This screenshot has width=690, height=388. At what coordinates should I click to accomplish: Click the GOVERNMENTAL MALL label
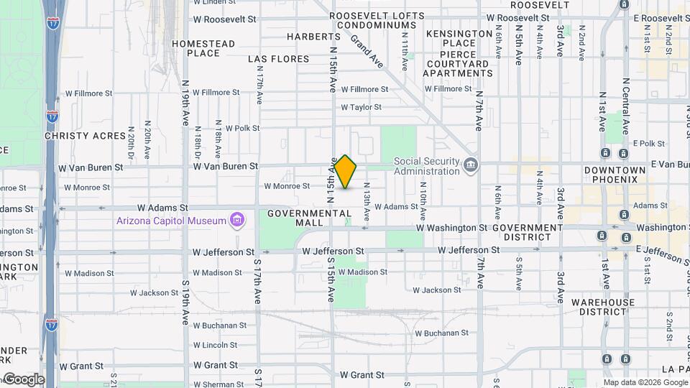click(x=310, y=218)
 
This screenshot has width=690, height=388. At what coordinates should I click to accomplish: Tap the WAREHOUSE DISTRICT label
click(x=604, y=307)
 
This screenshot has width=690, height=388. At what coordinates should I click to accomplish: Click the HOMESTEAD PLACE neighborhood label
click(x=203, y=48)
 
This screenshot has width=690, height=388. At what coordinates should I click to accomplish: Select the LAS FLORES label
click(x=279, y=59)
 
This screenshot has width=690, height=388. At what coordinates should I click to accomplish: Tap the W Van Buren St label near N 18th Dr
click(x=225, y=166)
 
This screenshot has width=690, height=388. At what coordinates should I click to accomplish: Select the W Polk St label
click(x=242, y=128)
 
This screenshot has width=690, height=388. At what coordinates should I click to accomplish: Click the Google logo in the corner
click(x=23, y=379)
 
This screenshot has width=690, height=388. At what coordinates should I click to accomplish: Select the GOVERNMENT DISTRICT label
click(x=528, y=232)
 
